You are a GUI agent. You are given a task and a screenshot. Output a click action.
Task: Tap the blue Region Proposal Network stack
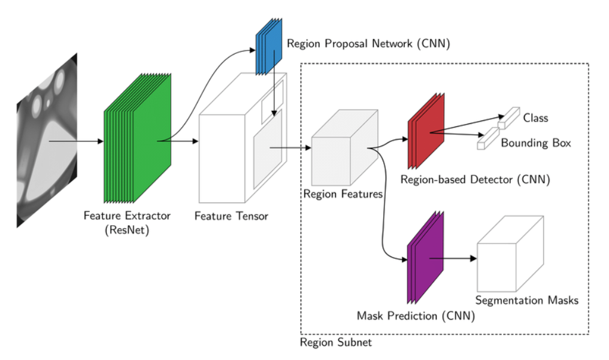point(268,47)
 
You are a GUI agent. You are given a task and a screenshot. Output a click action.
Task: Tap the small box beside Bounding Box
point(487,139)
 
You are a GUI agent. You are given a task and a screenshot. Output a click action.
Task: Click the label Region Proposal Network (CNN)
point(368,44)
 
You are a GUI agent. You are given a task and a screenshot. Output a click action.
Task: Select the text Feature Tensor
point(231,216)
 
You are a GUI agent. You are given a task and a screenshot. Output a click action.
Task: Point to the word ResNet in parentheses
point(127,229)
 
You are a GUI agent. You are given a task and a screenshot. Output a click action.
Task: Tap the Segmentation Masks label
point(527,300)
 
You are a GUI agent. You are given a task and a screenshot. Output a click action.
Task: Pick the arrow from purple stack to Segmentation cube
point(453,259)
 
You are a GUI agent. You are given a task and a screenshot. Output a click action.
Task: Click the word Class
point(535,118)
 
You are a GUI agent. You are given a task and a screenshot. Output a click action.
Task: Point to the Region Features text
point(343,194)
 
